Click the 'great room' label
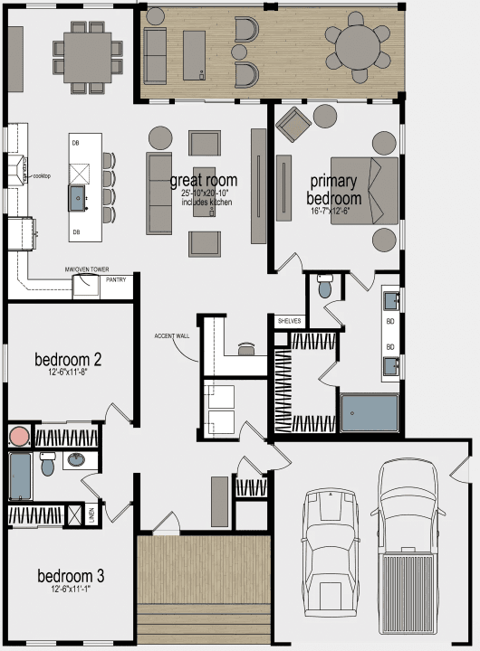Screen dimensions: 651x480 tap(204, 180)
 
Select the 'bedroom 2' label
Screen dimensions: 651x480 tap(68, 359)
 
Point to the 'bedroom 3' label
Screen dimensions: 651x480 tap(71, 576)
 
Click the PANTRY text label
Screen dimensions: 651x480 tap(116, 279)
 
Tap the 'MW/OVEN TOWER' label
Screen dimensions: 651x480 tap(88, 269)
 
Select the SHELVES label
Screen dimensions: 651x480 tap(289, 321)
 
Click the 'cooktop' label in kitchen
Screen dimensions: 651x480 tap(42, 175)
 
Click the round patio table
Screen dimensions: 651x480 tap(360, 45)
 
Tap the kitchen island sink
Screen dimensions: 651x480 tap(80, 194)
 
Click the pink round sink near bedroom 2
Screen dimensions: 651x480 tap(19, 437)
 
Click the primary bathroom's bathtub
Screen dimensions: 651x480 tap(369, 413)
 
